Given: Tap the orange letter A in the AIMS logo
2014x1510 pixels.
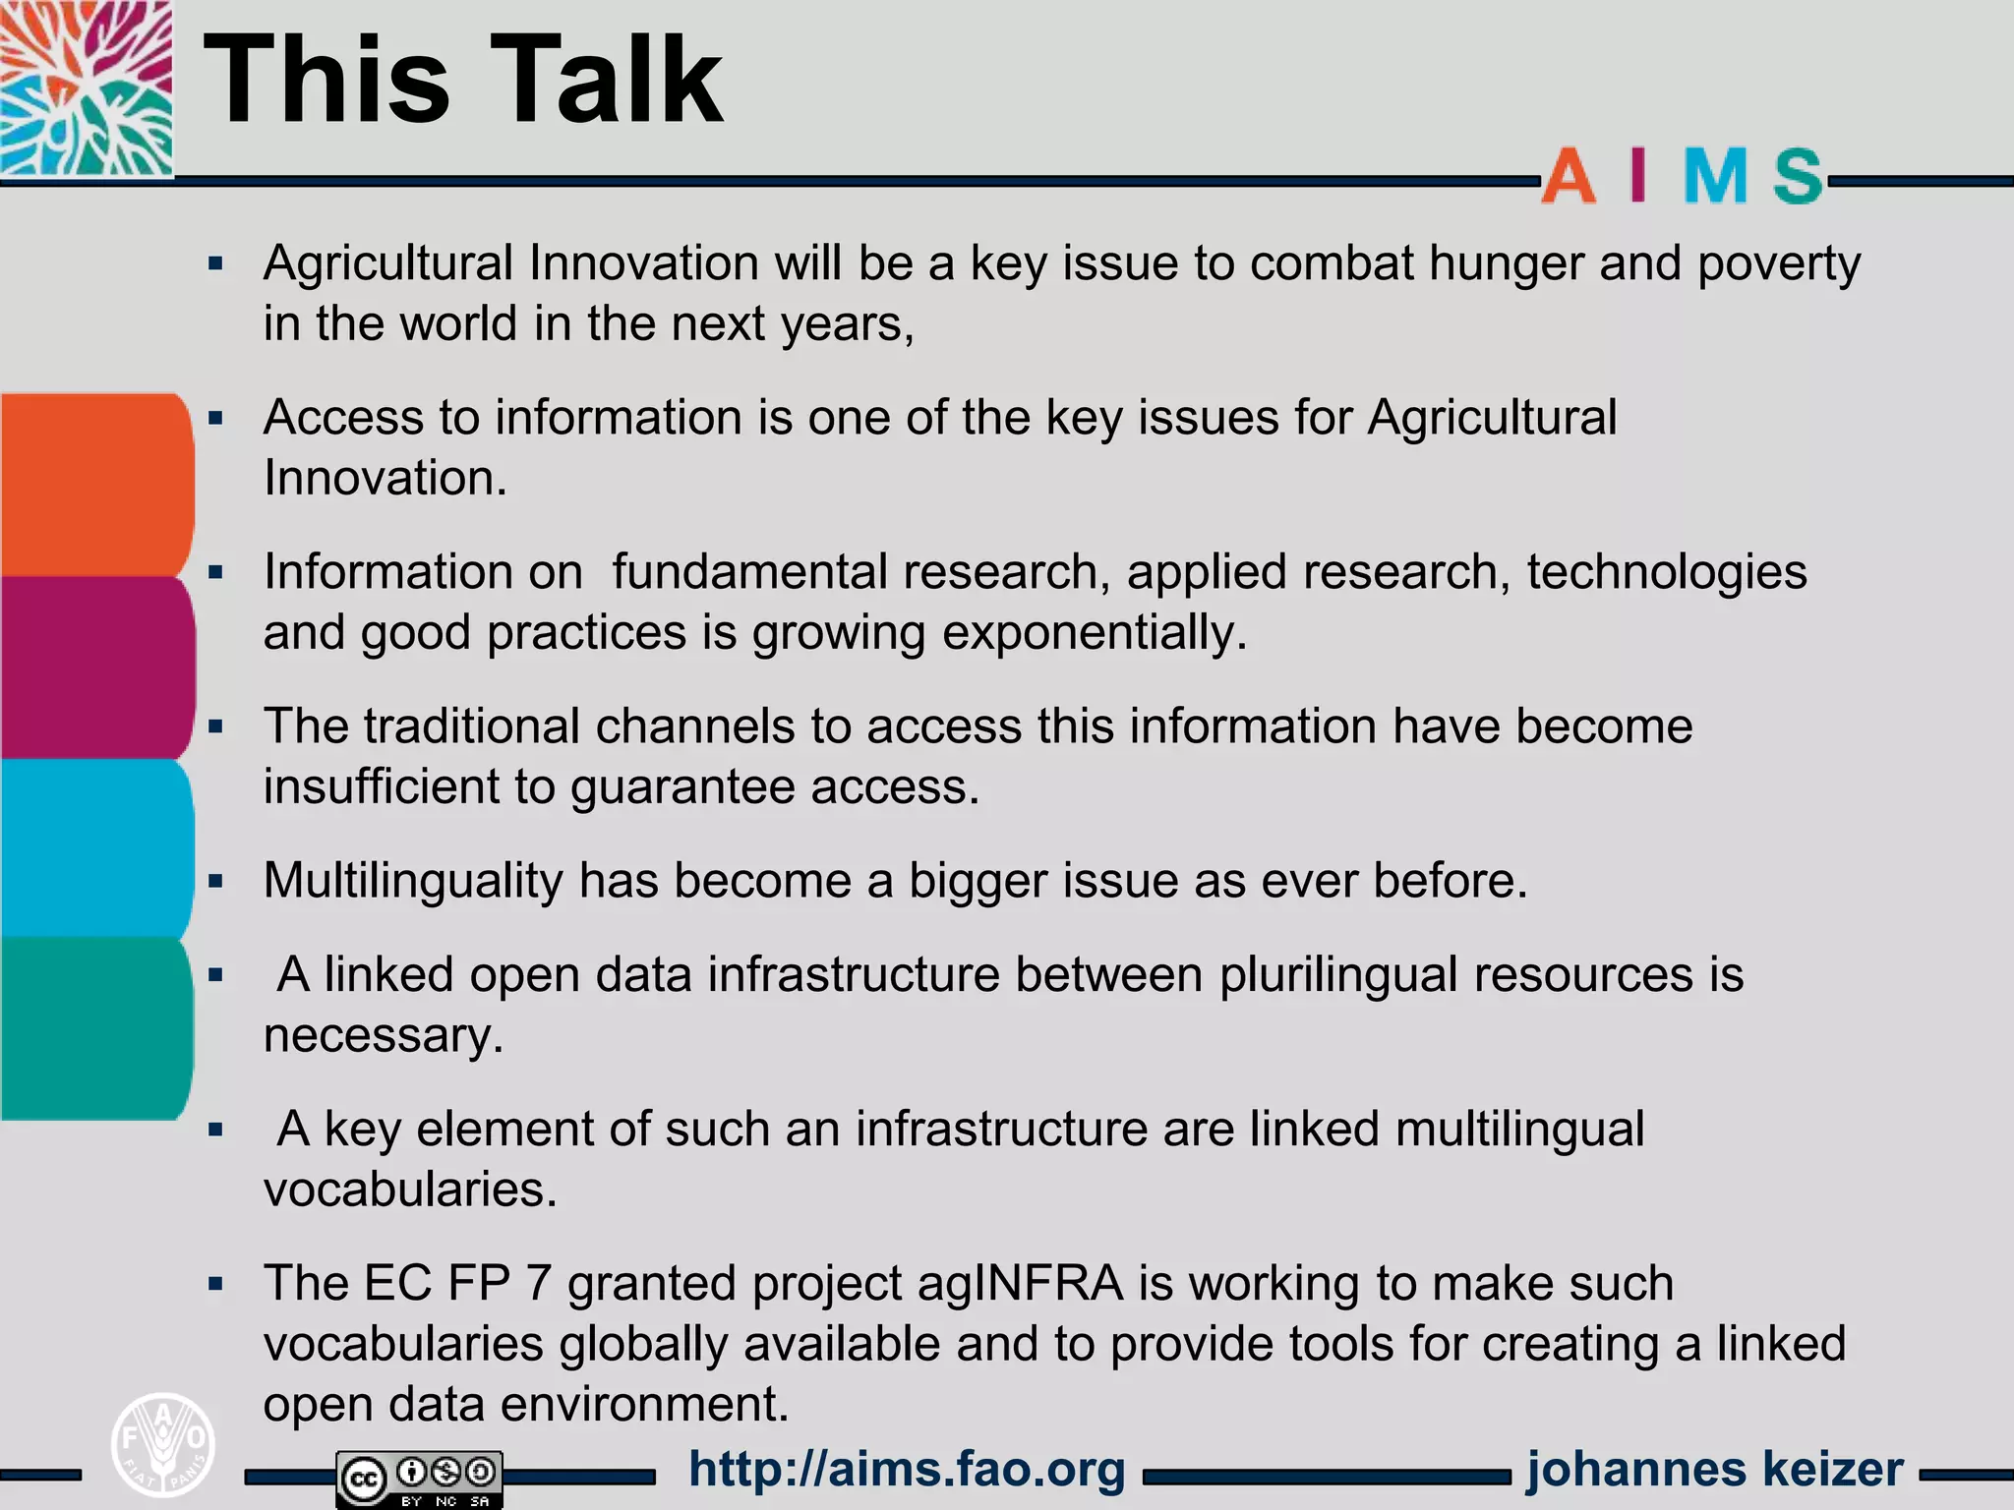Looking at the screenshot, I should point(1569,176).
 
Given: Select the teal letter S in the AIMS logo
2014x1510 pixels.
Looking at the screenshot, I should point(1799,176).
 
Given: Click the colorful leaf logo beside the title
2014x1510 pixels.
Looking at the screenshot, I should point(86,88).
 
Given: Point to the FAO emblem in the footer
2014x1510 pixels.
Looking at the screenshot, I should point(163,1444).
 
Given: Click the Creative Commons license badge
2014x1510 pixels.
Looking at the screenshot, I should point(420,1478).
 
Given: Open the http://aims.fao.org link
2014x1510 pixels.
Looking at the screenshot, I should point(907,1470).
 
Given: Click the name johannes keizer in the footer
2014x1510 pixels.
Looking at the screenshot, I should point(1715,1470).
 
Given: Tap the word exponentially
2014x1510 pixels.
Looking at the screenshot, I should point(1095,633).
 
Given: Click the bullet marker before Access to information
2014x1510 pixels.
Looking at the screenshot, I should point(216,418).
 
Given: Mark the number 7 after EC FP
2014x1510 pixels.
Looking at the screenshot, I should point(538,1284).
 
